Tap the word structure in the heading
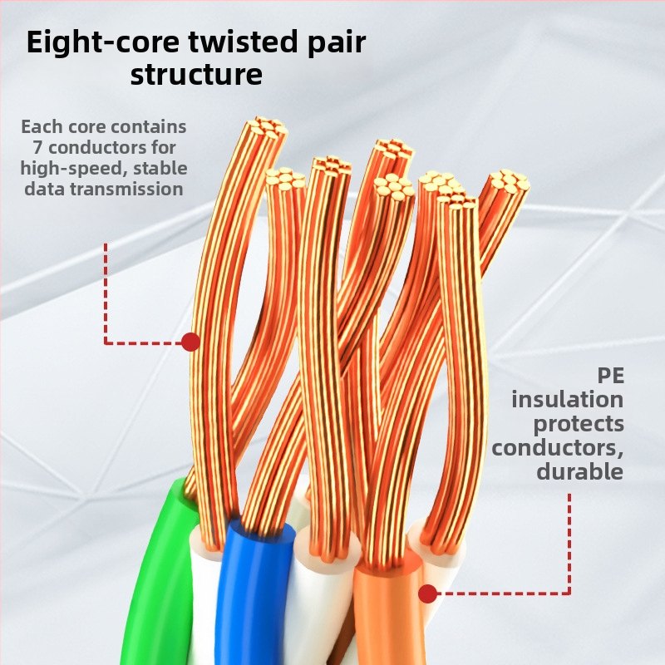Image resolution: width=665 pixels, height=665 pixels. coord(196,76)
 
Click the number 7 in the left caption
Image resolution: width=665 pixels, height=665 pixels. coord(37,148)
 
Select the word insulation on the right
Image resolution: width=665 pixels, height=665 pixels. coord(567,399)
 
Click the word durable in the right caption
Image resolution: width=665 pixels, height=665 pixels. coord(579,471)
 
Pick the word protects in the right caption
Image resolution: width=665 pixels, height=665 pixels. coord(579,423)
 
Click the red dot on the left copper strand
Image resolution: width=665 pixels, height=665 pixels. coord(190,342)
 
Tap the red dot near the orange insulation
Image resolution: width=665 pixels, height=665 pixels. coord(427,594)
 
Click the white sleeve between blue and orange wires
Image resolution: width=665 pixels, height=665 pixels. coord(324,598)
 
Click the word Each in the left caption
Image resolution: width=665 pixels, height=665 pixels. coord(40,127)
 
